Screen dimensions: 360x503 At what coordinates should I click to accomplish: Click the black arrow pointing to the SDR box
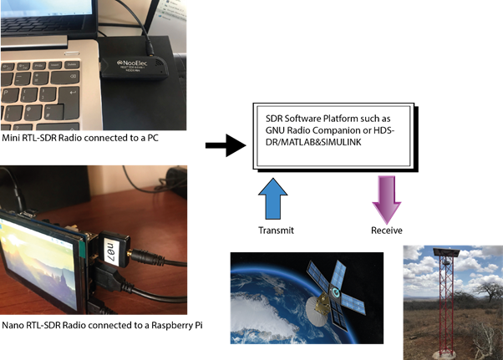pyautogui.click(x=224, y=146)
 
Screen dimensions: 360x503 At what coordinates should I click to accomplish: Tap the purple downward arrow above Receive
pyautogui.click(x=387, y=200)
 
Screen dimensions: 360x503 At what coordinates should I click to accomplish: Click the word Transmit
pyautogui.click(x=277, y=231)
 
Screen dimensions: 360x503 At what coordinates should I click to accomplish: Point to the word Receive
pyautogui.click(x=387, y=231)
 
